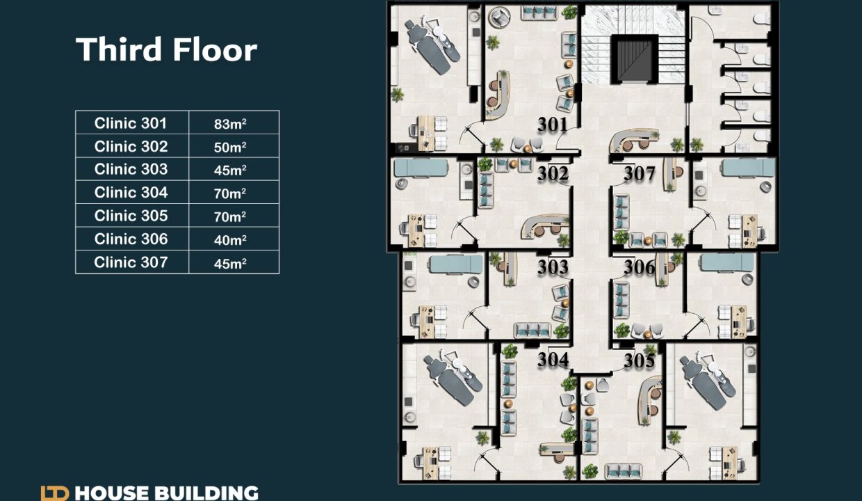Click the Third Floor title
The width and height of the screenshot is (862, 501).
click(x=166, y=49)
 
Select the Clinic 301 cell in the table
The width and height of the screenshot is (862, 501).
click(x=131, y=123)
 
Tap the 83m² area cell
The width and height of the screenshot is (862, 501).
click(x=230, y=124)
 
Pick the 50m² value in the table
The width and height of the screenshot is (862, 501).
click(x=230, y=147)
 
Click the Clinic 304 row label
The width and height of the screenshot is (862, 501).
click(x=131, y=192)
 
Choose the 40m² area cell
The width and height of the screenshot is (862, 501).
click(x=230, y=240)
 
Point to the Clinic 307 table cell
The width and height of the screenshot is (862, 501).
click(x=131, y=262)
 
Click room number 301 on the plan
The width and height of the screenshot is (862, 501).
click(x=553, y=125)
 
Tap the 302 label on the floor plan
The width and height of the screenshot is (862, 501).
click(x=553, y=174)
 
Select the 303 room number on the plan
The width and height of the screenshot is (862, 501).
click(x=553, y=267)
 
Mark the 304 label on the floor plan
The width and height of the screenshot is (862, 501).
click(x=553, y=360)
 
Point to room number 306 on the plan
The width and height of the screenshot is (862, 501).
click(x=639, y=267)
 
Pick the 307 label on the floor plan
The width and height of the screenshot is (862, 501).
click(x=639, y=174)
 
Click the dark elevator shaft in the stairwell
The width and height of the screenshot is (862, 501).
click(x=634, y=59)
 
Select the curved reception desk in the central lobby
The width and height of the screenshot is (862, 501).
click(x=634, y=139)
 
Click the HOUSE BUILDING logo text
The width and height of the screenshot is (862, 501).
click(x=166, y=493)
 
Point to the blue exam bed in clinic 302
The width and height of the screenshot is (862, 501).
click(x=421, y=168)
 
